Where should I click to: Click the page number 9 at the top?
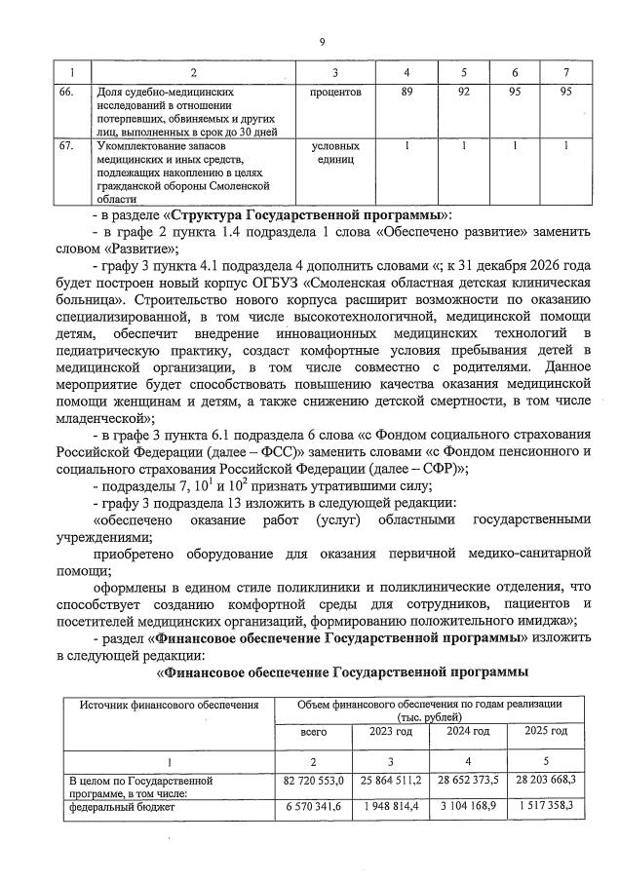(321, 41)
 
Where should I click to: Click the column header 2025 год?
(546, 730)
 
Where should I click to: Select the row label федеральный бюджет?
(109, 807)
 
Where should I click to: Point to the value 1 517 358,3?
(546, 807)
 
